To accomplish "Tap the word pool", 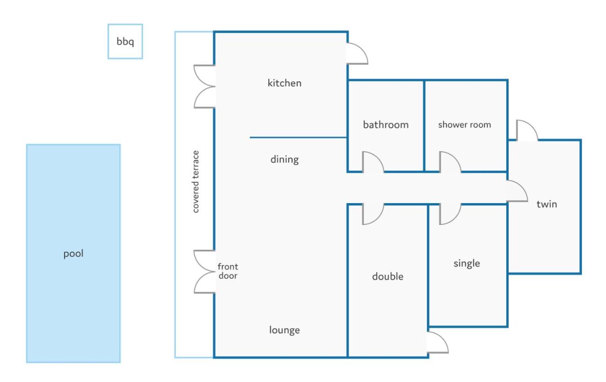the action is point(73,254).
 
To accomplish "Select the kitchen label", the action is point(284,83).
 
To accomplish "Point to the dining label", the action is point(284,159).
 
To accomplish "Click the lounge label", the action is point(284,330).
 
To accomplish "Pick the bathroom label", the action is point(386,125).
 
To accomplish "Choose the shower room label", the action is point(464,125).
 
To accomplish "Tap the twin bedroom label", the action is point(547,204).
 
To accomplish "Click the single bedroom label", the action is point(467,264).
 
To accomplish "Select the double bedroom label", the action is point(388,276).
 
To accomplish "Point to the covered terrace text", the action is point(195,182).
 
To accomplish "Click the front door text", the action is point(228,271).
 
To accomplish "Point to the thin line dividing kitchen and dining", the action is point(298,137).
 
